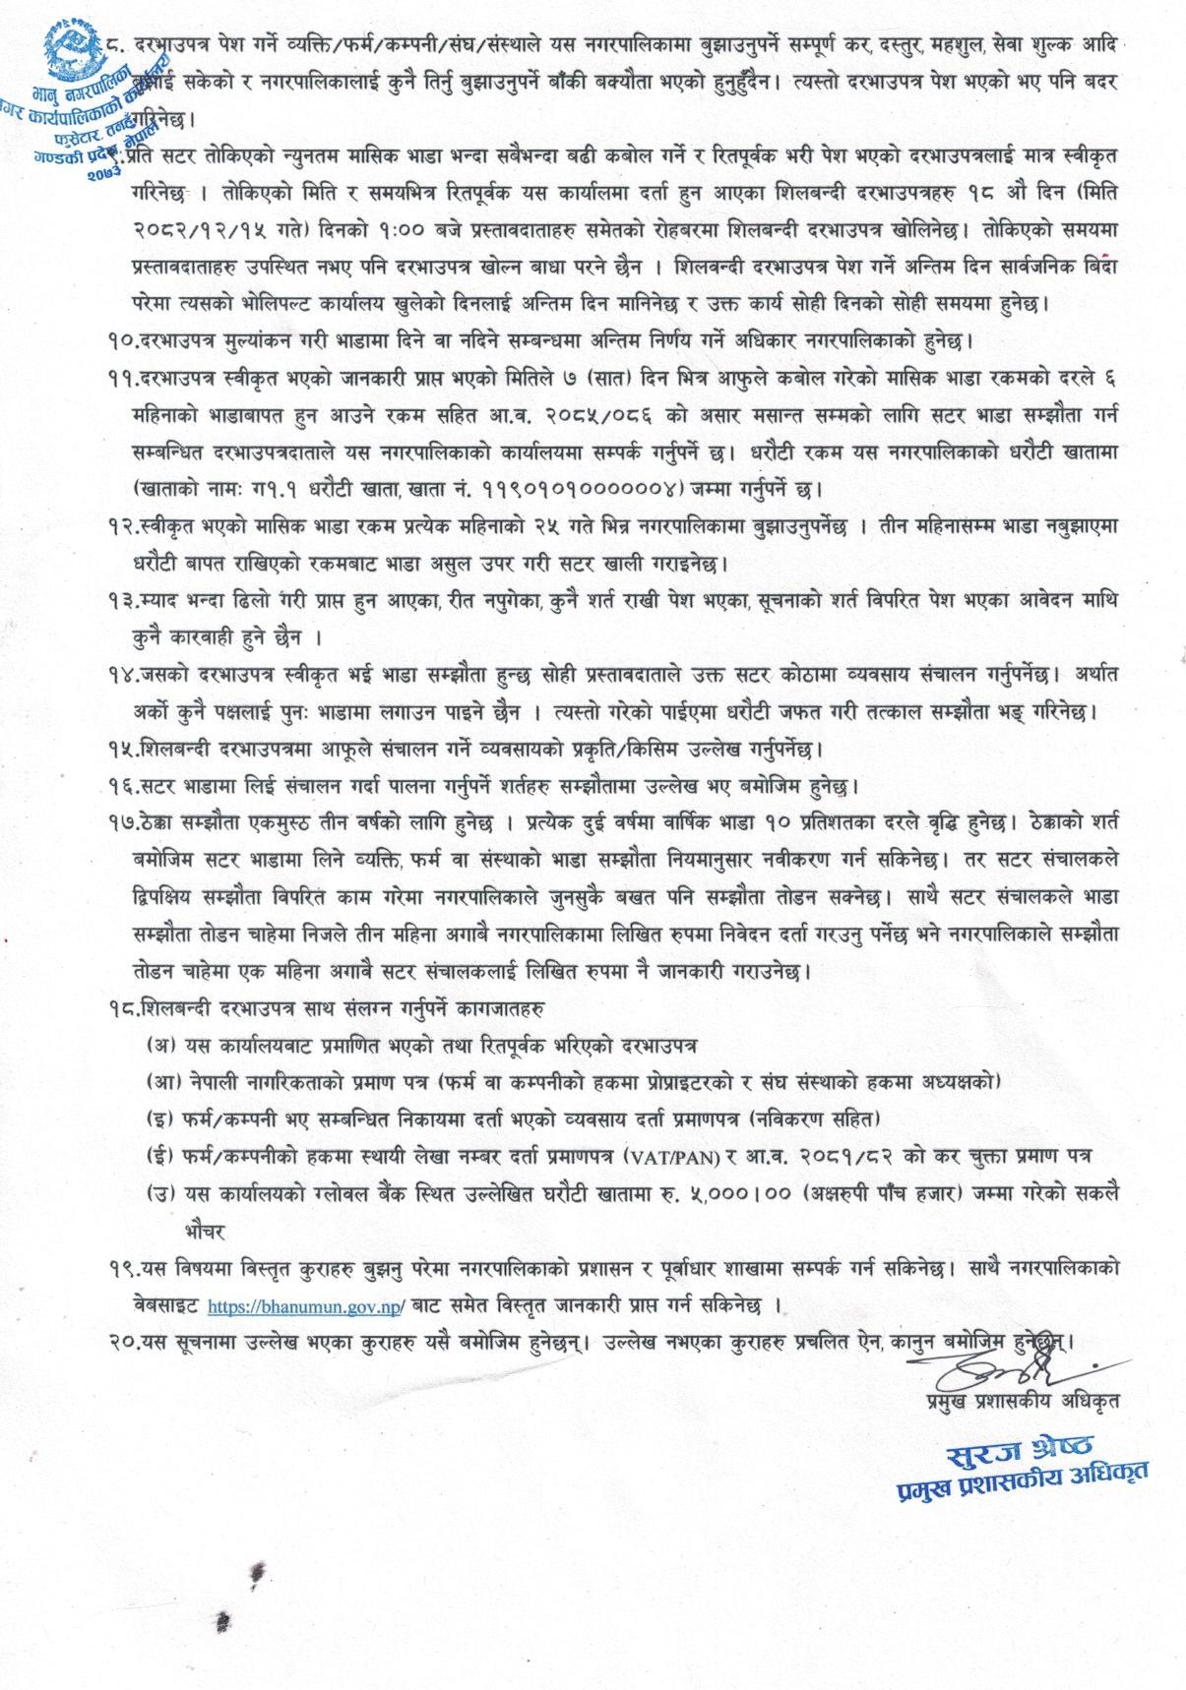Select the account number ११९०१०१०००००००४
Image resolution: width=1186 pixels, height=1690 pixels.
click(x=563, y=486)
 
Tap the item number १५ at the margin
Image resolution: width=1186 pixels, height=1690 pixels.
click(x=123, y=750)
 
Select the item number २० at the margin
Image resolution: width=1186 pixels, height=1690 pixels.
click(x=123, y=1340)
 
